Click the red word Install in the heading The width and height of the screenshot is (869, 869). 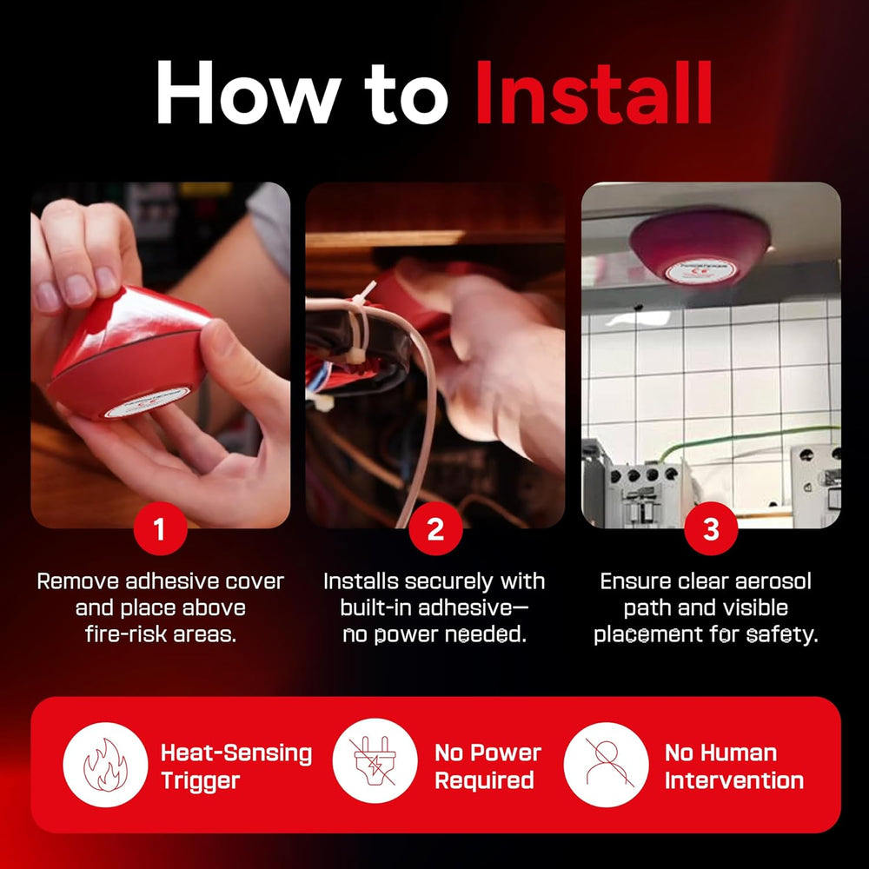tap(594, 92)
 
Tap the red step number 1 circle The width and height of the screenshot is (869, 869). tap(160, 528)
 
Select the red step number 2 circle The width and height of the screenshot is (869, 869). tap(435, 528)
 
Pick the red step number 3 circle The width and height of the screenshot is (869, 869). tap(711, 528)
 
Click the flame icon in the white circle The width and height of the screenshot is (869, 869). tap(105, 765)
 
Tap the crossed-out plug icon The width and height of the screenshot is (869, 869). tap(375, 760)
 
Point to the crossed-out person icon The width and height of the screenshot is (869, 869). tap(607, 764)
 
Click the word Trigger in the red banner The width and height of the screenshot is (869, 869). tap(201, 781)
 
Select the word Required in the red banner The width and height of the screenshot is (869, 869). tap(484, 780)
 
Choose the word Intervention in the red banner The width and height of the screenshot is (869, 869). tap(734, 780)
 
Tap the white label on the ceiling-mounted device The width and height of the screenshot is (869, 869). tap(700, 271)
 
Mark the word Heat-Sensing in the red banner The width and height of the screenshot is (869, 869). tap(236, 753)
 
